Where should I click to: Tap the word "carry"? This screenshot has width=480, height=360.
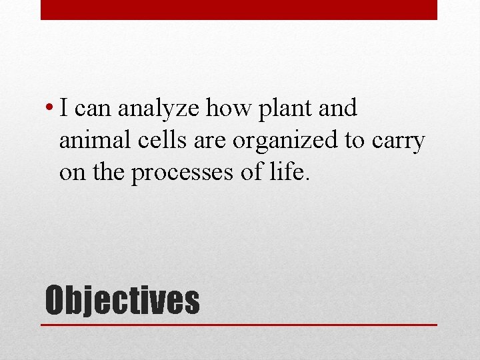(399, 141)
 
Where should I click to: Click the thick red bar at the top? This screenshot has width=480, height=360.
(239, 10)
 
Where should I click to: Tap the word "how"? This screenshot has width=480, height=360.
(225, 108)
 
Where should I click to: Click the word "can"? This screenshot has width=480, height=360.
(93, 108)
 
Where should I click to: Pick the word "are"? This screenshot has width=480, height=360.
(209, 141)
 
